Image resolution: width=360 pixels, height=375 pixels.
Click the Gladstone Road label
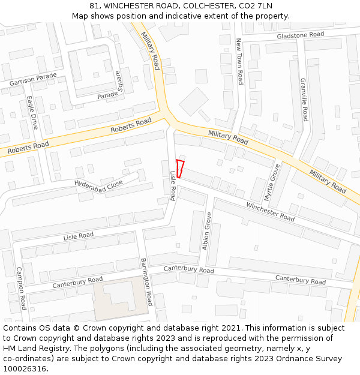[x=300, y=35]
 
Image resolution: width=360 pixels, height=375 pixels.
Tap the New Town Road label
[x=239, y=61]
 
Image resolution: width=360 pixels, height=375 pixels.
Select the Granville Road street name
[x=304, y=100]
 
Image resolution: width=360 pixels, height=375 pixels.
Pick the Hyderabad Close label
[x=98, y=182]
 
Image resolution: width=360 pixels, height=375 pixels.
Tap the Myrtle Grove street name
[x=272, y=182]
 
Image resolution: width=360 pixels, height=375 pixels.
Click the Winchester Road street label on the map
[x=270, y=212]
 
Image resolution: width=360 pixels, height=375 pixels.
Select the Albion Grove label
[x=207, y=231]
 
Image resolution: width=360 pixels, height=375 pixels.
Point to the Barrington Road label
[x=147, y=282]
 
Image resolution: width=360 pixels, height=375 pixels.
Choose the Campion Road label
[x=22, y=289]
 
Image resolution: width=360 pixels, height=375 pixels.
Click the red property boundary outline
[x=179, y=169]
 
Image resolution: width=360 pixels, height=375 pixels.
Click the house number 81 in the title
[x=95, y=6]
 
